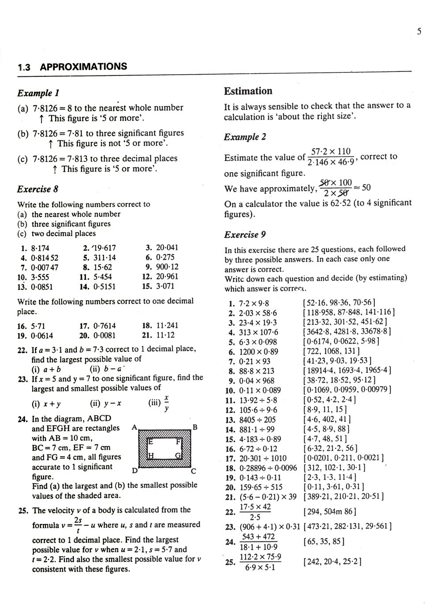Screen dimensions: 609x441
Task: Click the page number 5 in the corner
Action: (419, 31)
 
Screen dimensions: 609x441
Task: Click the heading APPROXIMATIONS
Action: (83, 67)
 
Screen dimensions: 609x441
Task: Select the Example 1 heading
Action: (38, 93)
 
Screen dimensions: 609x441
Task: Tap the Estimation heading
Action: (248, 91)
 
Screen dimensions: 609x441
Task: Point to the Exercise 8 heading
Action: (37, 189)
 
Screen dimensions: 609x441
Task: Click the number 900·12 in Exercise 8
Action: (167, 267)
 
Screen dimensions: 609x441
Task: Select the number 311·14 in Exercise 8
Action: (105, 257)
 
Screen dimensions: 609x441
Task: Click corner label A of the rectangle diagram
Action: (134, 428)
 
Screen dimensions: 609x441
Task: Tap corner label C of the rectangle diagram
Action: (193, 471)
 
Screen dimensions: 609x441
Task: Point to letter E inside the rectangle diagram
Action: (150, 441)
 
